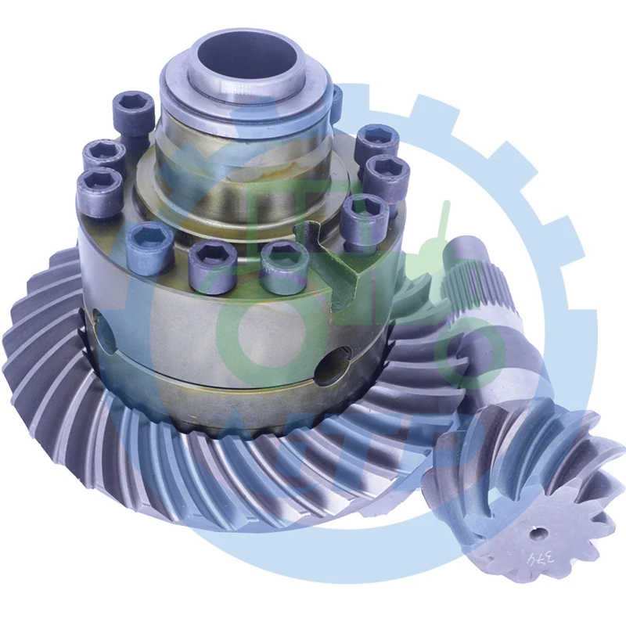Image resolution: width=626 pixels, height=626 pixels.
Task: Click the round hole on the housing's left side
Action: tap(104, 329)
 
